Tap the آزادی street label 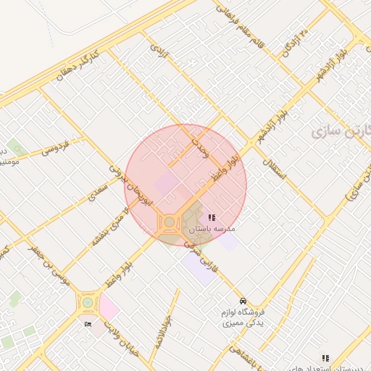pyautogui.click(x=159, y=51)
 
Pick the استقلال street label pyautogui.click(x=276, y=169)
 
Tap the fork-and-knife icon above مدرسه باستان pyautogui.click(x=212, y=217)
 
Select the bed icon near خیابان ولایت pyautogui.click(x=88, y=323)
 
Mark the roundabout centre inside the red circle pyautogui.click(x=169, y=221)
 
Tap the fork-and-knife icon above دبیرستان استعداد pyautogui.click(x=325, y=358)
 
